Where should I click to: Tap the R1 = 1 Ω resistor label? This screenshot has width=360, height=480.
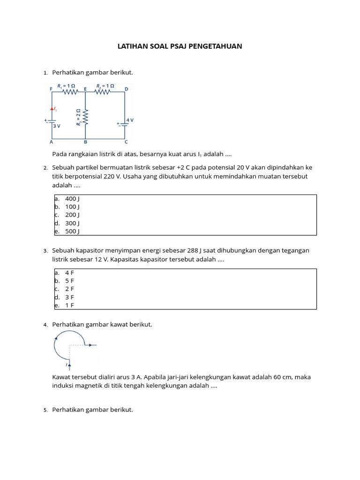[66, 87]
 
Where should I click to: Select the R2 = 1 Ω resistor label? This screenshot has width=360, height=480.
[105, 87]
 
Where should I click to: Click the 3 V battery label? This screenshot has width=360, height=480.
[56, 126]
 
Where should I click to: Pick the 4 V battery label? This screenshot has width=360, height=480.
[129, 120]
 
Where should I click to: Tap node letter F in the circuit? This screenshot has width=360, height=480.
[51, 89]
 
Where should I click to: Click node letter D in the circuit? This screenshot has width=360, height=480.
[126, 89]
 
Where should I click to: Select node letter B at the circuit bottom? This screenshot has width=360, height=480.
[85, 142]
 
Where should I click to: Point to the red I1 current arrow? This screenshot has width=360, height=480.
[52, 109]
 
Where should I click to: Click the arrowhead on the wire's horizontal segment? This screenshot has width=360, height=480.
[90, 345]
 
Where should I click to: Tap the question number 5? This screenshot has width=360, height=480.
[46, 410]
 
